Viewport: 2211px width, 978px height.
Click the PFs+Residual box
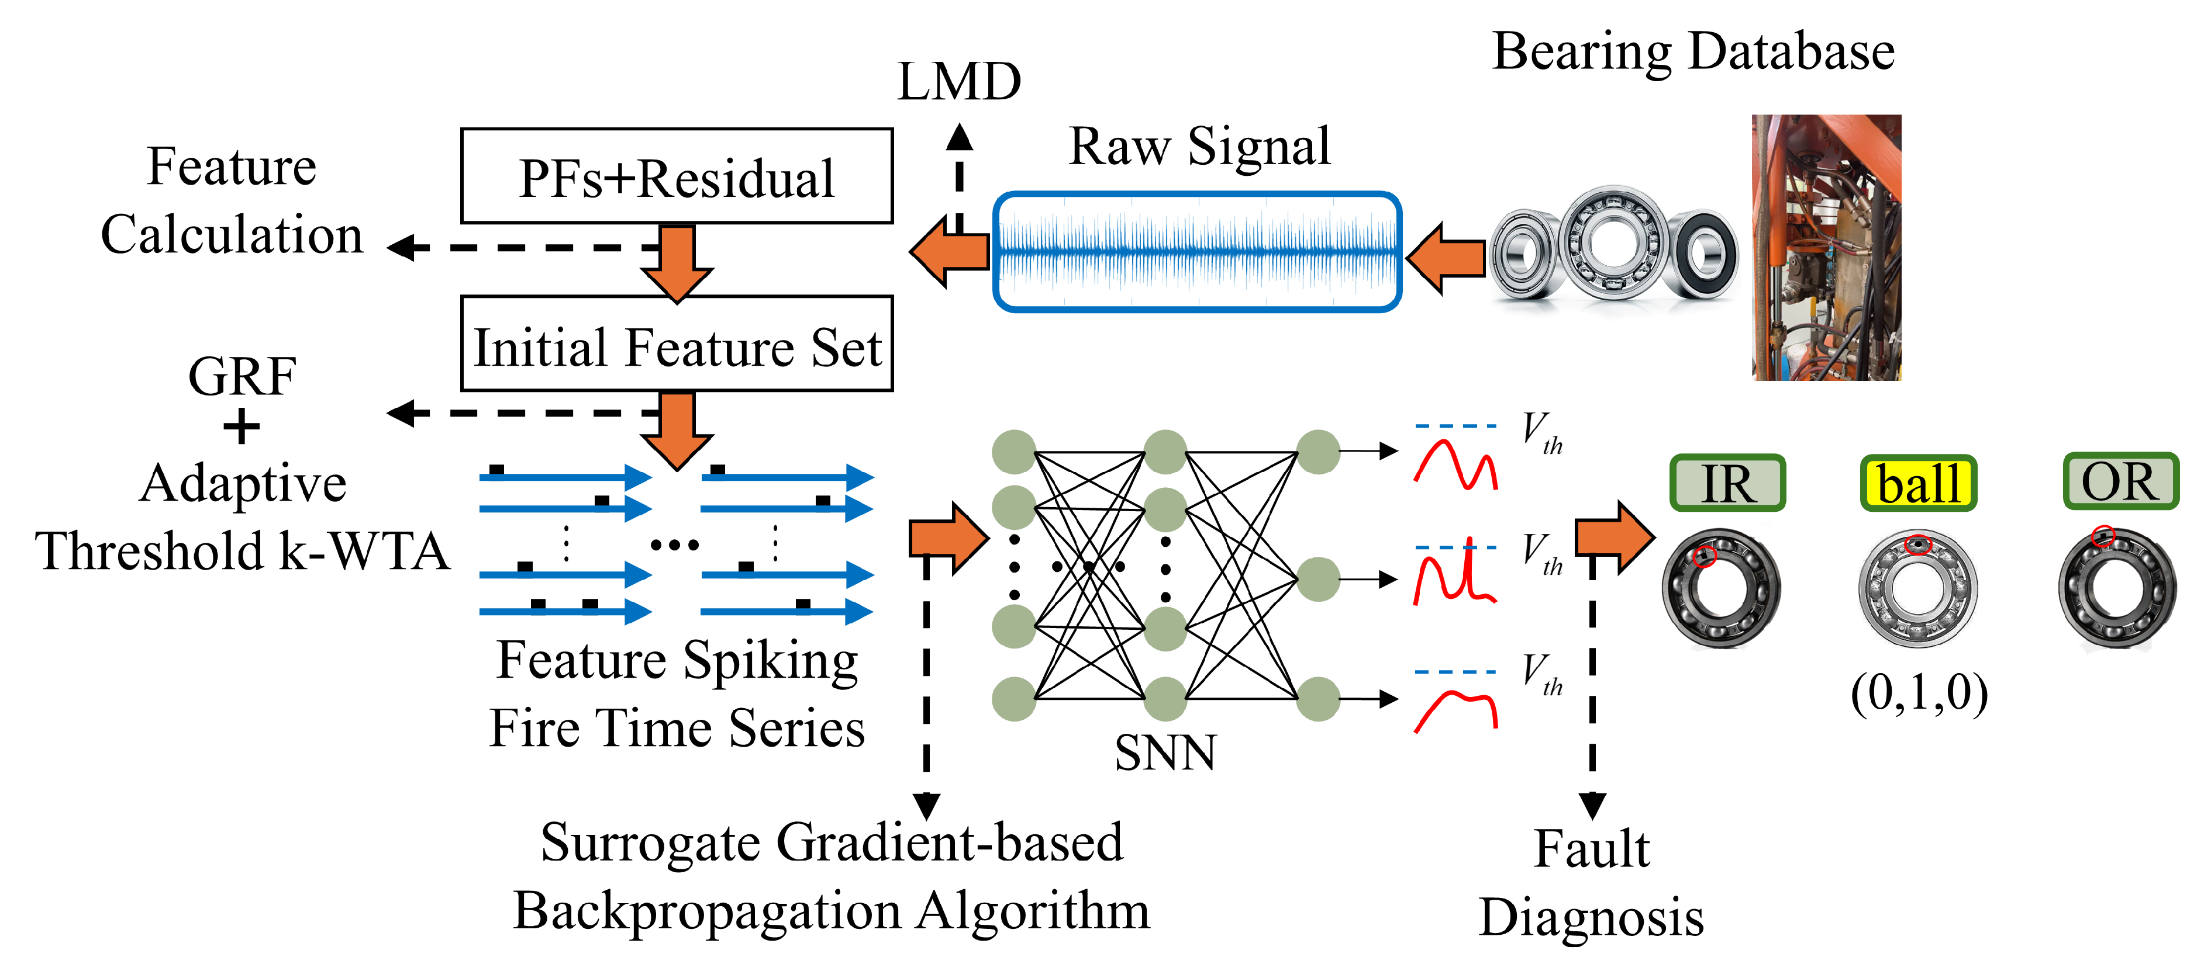coord(677,176)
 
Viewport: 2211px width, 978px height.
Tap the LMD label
coord(959,82)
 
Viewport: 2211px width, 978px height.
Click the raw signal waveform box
coord(1198,251)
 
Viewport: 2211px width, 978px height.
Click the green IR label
coord(1728,483)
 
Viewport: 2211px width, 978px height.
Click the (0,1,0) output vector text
coord(1919,693)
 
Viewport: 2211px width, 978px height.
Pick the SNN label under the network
coord(1165,752)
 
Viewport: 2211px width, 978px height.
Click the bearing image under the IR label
coord(1721,588)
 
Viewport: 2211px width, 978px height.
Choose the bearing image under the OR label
coord(2117,588)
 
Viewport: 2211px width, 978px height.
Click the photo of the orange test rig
coord(1826,247)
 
